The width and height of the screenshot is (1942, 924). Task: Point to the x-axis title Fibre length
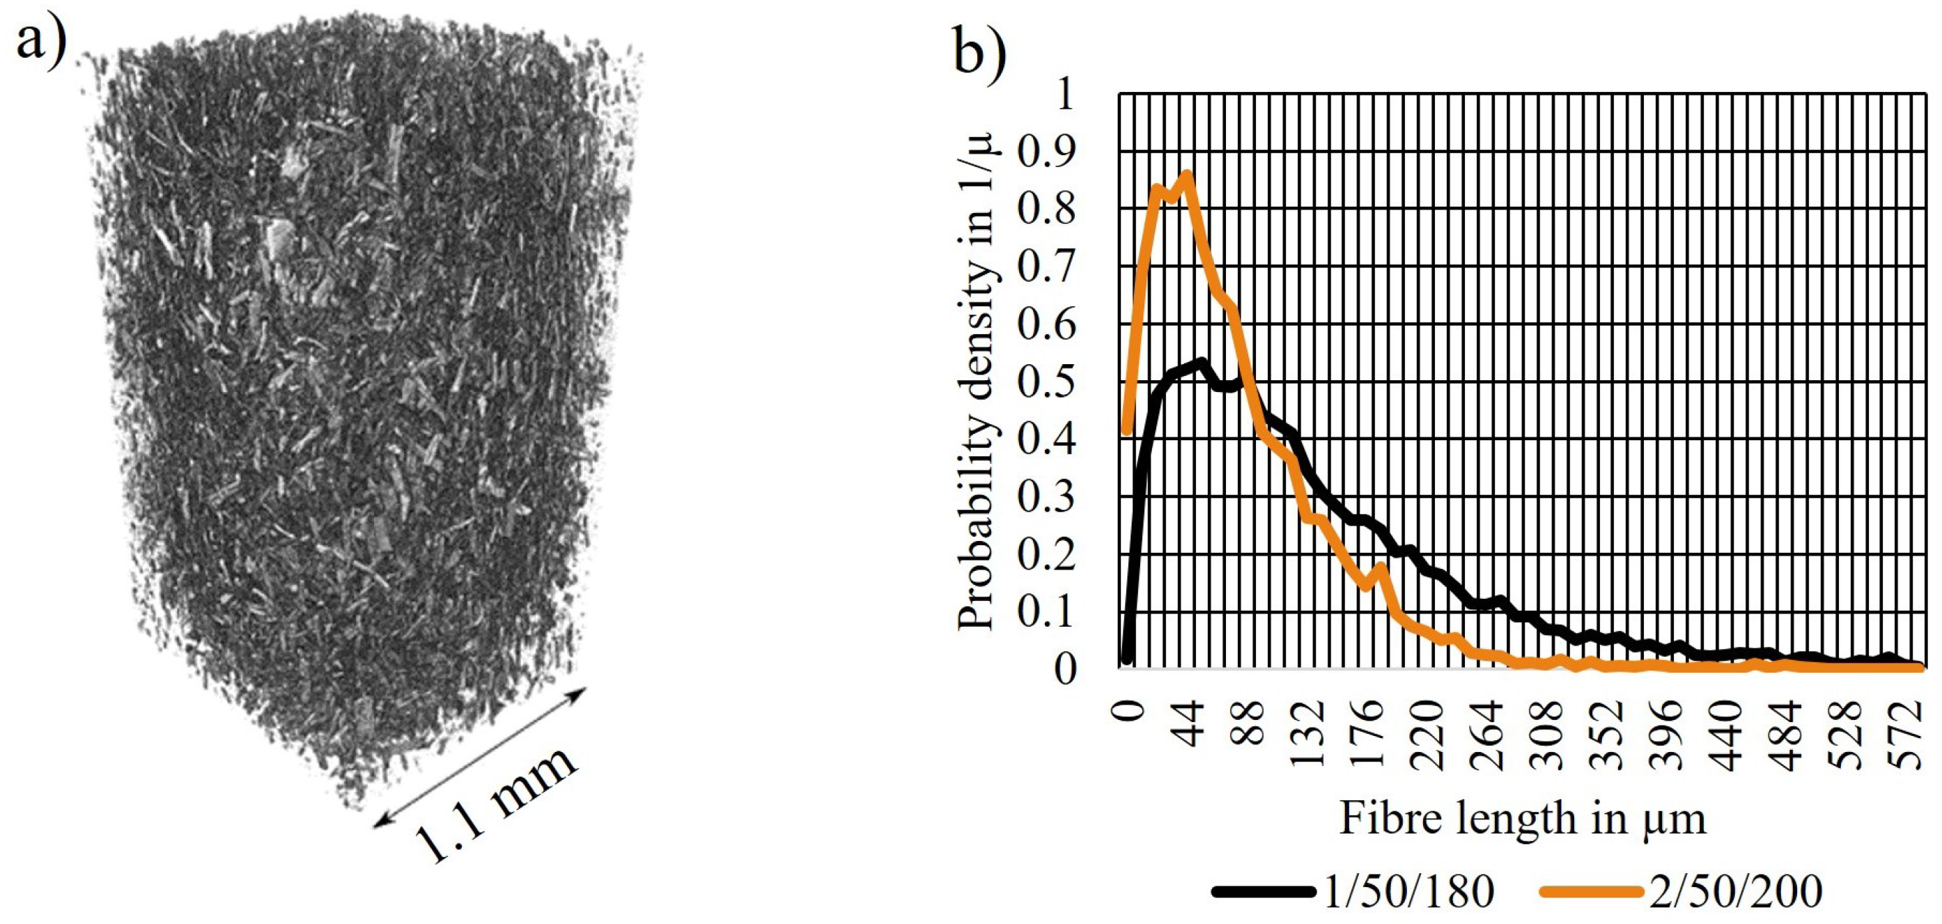(1522, 820)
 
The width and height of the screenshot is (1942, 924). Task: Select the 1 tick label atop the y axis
(1065, 94)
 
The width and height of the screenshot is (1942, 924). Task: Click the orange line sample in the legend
(1592, 891)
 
